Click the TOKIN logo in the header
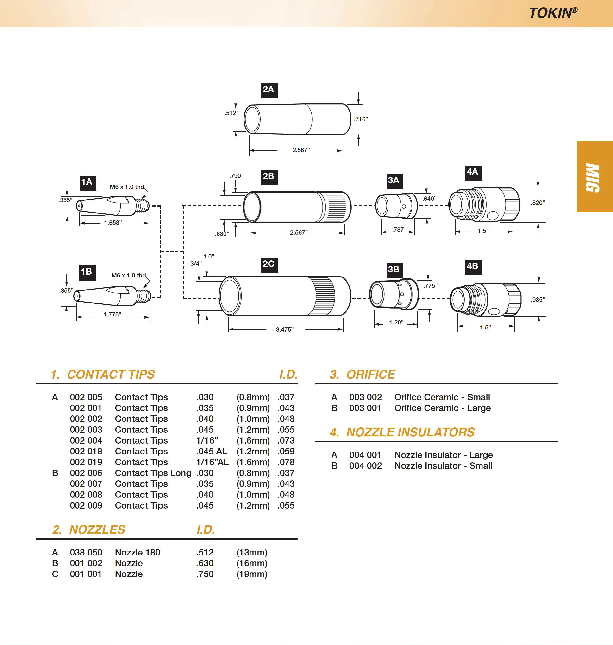click(553, 13)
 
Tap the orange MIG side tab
click(594, 177)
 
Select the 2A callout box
click(269, 90)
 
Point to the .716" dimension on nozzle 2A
click(361, 119)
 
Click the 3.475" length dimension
click(285, 329)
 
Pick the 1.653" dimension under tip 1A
click(113, 223)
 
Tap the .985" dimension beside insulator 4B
click(538, 300)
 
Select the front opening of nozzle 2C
click(230, 295)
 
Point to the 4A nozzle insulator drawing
click(484, 204)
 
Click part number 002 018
click(86, 451)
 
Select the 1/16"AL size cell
click(212, 462)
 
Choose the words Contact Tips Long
click(153, 473)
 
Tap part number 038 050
click(86, 552)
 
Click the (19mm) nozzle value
click(252, 574)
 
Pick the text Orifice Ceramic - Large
click(442, 408)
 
